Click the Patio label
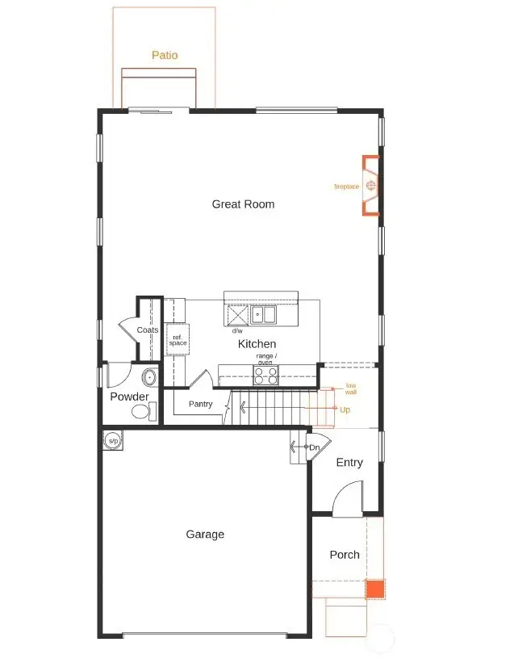[165, 56]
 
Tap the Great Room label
[243, 204]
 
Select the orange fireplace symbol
[370, 187]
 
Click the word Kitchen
[257, 344]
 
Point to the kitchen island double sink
[263, 314]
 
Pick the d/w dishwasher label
[237, 330]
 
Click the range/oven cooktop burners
[266, 376]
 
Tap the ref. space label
[178, 340]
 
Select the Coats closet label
[148, 330]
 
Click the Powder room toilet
[142, 413]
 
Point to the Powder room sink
[148, 377]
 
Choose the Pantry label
[200, 404]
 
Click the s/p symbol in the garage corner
[113, 441]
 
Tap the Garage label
[205, 535]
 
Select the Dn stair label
[315, 447]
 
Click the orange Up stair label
[345, 410]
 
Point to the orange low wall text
[351, 388]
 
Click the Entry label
[349, 463]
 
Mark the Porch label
[345, 555]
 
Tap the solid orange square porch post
[375, 589]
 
